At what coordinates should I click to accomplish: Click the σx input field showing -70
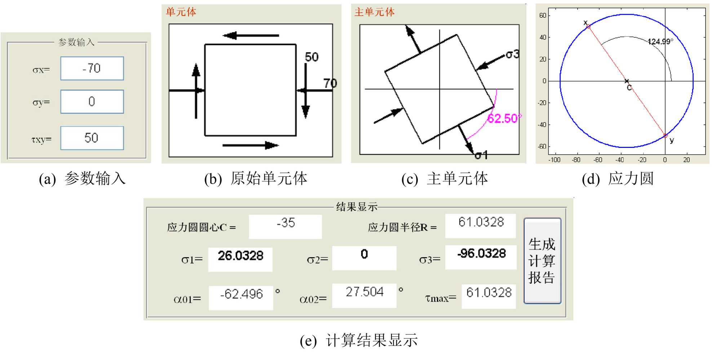point(92,68)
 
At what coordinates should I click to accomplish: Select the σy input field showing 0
point(92,102)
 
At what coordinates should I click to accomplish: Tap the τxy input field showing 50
point(92,138)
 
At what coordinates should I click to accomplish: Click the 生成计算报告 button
point(542,261)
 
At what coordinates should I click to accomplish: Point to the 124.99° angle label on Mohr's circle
point(660,41)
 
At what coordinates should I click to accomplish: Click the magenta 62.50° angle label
point(504,118)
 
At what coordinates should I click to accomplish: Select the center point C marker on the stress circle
point(627,81)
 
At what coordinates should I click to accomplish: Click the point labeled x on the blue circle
point(588,27)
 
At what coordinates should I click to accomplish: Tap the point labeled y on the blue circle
point(665,136)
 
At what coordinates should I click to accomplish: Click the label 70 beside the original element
point(330,84)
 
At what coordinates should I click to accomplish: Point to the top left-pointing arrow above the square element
point(251,35)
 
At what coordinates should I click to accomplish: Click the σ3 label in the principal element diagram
point(512,55)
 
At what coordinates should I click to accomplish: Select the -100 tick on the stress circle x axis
point(554,160)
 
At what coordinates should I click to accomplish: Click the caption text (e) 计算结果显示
point(359,340)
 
